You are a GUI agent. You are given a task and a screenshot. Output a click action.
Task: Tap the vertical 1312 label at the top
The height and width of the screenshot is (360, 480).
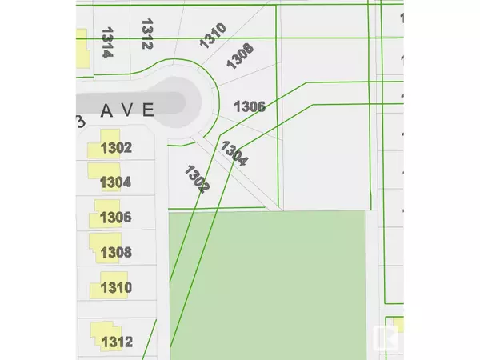(146, 34)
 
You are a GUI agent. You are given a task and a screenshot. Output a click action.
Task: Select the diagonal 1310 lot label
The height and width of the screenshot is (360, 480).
(214, 37)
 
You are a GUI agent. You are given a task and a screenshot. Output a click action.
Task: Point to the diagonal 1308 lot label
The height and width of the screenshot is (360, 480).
(240, 58)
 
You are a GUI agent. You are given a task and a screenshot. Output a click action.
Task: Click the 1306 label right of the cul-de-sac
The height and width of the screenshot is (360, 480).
(249, 106)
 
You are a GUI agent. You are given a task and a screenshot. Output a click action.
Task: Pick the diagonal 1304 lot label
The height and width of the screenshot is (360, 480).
(234, 153)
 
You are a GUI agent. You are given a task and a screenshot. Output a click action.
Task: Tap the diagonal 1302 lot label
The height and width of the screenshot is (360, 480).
(196, 178)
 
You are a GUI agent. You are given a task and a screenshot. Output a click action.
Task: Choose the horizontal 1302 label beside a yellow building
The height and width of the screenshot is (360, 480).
(115, 147)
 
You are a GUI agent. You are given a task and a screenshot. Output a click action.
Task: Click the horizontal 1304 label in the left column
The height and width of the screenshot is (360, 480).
(115, 182)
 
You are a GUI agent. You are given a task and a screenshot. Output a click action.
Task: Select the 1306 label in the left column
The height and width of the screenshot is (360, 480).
(115, 218)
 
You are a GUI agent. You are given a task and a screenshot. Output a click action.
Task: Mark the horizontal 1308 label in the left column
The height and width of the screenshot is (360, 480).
(115, 253)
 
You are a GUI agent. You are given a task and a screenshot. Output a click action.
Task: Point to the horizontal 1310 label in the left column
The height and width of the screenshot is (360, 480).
(117, 287)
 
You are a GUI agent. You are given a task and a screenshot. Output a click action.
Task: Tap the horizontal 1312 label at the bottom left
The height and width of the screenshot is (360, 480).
(116, 342)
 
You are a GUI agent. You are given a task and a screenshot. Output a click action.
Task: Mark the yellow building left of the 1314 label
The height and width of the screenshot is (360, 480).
(82, 54)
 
